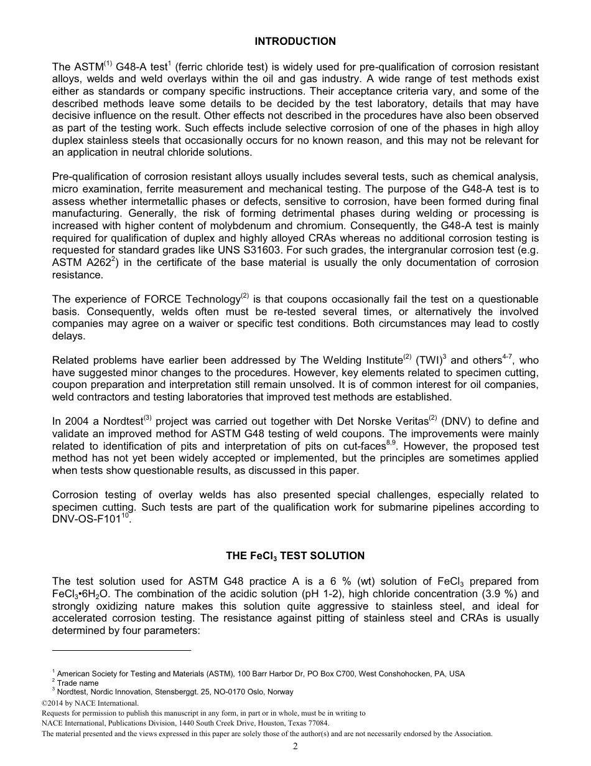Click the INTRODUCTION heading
295,42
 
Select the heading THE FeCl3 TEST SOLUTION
295,556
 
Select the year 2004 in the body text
75,422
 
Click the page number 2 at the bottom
295,747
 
